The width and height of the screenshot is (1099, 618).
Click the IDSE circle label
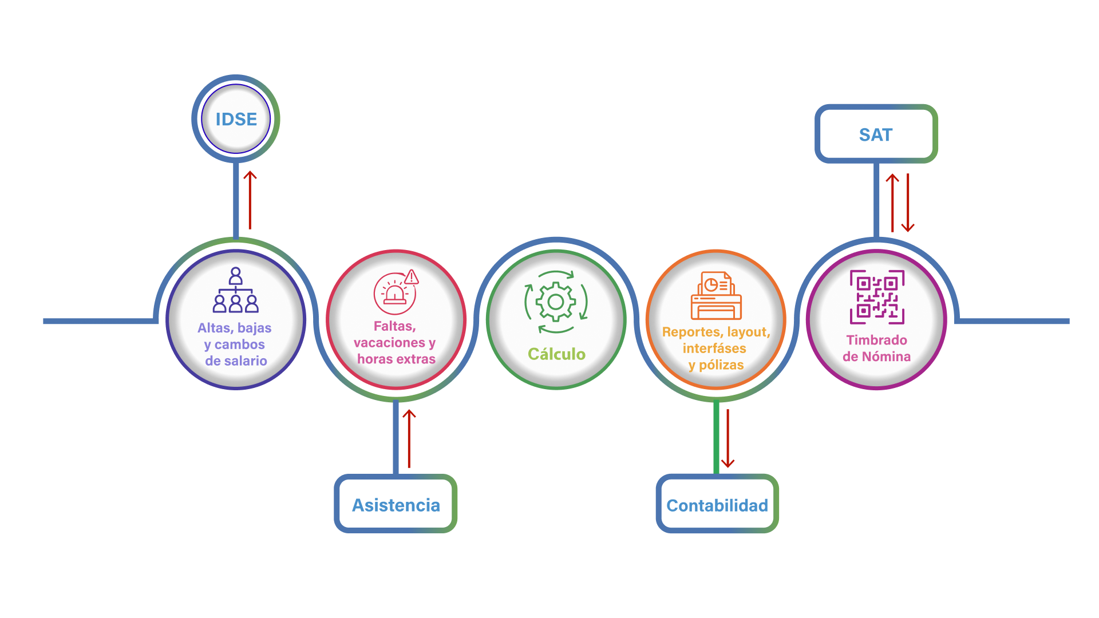point(236,119)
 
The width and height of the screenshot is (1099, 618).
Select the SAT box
point(876,134)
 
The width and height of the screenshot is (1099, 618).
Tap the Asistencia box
point(396,505)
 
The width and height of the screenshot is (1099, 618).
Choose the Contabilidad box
point(717,505)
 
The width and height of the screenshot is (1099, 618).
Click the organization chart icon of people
point(235,290)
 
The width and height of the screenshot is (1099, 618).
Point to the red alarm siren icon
point(394,294)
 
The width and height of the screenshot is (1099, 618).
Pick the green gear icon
point(556,302)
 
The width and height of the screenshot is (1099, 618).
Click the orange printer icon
point(716,296)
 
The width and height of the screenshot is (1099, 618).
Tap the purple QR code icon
point(877,297)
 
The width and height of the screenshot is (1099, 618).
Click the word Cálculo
point(556,354)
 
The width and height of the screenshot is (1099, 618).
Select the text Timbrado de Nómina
point(876,348)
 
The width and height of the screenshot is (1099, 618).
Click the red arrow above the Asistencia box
point(409,438)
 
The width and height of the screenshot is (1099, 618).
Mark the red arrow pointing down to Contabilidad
point(728,439)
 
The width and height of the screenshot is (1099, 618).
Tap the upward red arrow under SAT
point(892,203)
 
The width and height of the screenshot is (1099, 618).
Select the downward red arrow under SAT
point(908,204)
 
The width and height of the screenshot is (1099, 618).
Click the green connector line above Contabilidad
point(716,438)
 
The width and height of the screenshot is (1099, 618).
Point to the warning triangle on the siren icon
point(412,278)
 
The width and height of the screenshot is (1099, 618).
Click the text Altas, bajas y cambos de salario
point(235,344)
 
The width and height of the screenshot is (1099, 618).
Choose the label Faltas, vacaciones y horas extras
point(395,342)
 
